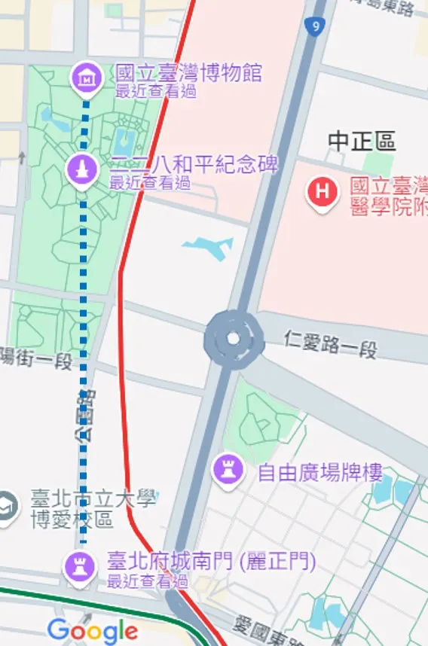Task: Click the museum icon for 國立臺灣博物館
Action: pos(87,76)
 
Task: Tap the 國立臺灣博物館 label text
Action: pos(188,74)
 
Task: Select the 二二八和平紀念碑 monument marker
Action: pos(82,169)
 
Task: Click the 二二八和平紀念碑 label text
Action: pos(194,165)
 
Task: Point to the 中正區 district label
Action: pos(362,141)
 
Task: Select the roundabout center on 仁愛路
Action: pos(232,339)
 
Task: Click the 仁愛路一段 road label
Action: pos(331,344)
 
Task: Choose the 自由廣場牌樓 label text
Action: pos(319,473)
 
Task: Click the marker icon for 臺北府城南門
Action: pos(78,564)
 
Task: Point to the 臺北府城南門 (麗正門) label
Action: pos(211,562)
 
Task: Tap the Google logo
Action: pos(92,631)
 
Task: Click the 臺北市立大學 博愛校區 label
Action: pos(92,508)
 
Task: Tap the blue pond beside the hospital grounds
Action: pos(208,247)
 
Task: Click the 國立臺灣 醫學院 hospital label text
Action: pos(388,196)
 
